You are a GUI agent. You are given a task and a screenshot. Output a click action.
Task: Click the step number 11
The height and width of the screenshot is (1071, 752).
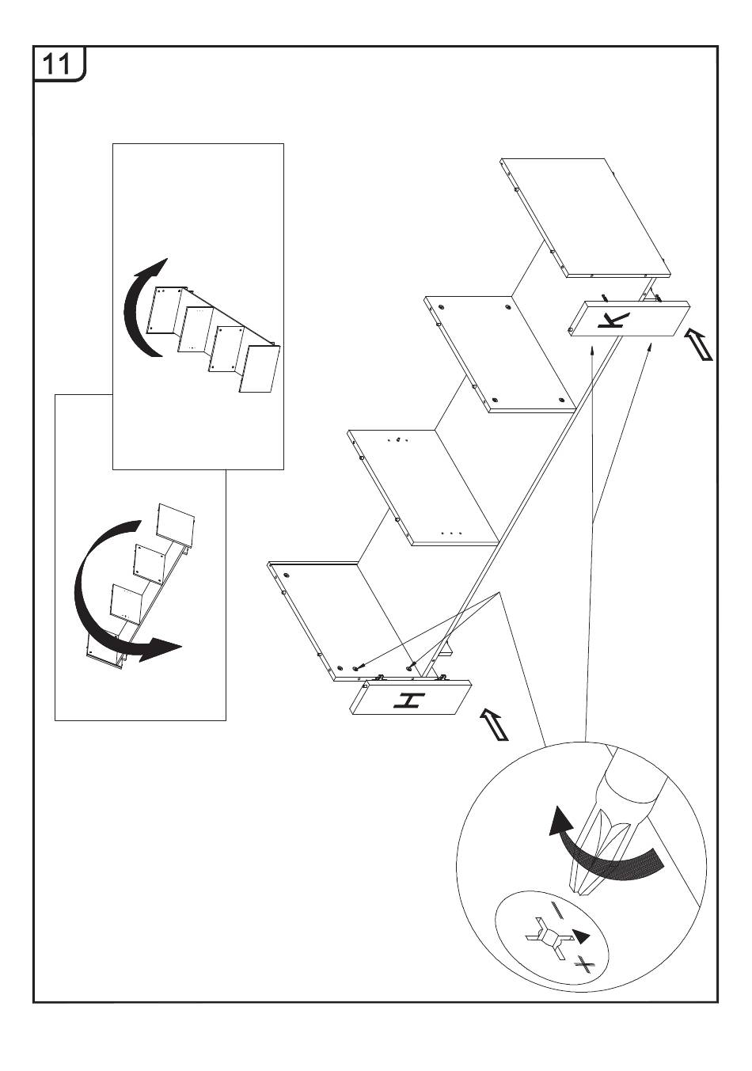point(57,63)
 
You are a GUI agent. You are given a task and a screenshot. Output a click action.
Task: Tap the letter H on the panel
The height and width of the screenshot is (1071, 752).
point(409,700)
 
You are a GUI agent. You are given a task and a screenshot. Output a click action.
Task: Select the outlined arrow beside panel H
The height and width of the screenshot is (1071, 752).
point(494,724)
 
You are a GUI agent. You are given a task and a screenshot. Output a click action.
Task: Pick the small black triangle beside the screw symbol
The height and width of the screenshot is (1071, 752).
point(582,936)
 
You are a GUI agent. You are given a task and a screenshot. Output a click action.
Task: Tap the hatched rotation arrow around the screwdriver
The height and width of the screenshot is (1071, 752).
point(625,864)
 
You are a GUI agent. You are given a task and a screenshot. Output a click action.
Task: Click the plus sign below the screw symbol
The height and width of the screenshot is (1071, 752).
point(584,963)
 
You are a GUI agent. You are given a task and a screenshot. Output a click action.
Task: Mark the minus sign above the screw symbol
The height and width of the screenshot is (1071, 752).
point(559,910)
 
